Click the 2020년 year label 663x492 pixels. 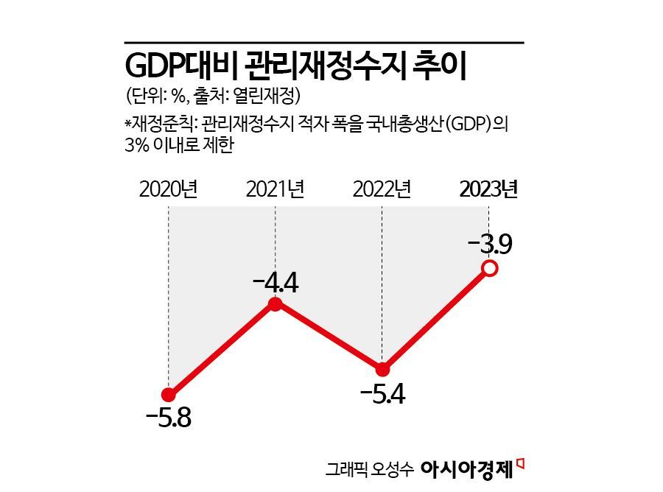[x=168, y=189]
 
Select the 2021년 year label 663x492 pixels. [x=275, y=189]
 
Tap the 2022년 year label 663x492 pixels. [x=382, y=189]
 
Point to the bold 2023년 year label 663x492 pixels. [x=488, y=189]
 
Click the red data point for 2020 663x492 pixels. [x=169, y=394]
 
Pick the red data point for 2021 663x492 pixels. [x=276, y=304]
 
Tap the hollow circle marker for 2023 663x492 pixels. [x=489, y=269]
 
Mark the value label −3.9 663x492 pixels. [x=489, y=244]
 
